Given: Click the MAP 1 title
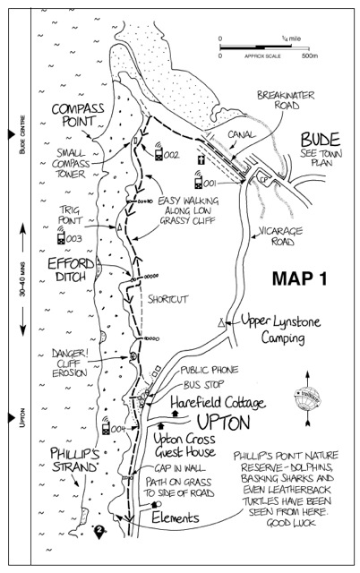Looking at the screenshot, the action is [300, 278].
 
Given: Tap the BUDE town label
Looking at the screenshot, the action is [321, 140].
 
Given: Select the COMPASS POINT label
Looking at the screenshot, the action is [78, 115].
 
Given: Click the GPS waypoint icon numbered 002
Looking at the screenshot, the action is [159, 151].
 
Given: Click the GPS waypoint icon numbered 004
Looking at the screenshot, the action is [106, 425].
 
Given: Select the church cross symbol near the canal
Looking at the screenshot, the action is [201, 159].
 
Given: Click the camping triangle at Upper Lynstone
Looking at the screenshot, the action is [221, 322].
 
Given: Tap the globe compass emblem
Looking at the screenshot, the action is [307, 398].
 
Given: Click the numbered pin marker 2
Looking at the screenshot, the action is [99, 531].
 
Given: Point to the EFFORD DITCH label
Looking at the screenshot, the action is [71, 269].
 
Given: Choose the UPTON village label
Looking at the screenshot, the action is [224, 423].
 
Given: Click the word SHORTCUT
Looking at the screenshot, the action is [167, 299].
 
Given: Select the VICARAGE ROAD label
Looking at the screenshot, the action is [280, 236].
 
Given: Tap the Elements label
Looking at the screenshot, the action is [176, 517].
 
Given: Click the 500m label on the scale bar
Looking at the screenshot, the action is [310, 56].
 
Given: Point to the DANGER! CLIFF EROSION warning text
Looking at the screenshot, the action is [70, 363].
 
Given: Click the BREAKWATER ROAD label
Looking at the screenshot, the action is [286, 100].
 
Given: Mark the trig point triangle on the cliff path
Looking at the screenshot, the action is [119, 227].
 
